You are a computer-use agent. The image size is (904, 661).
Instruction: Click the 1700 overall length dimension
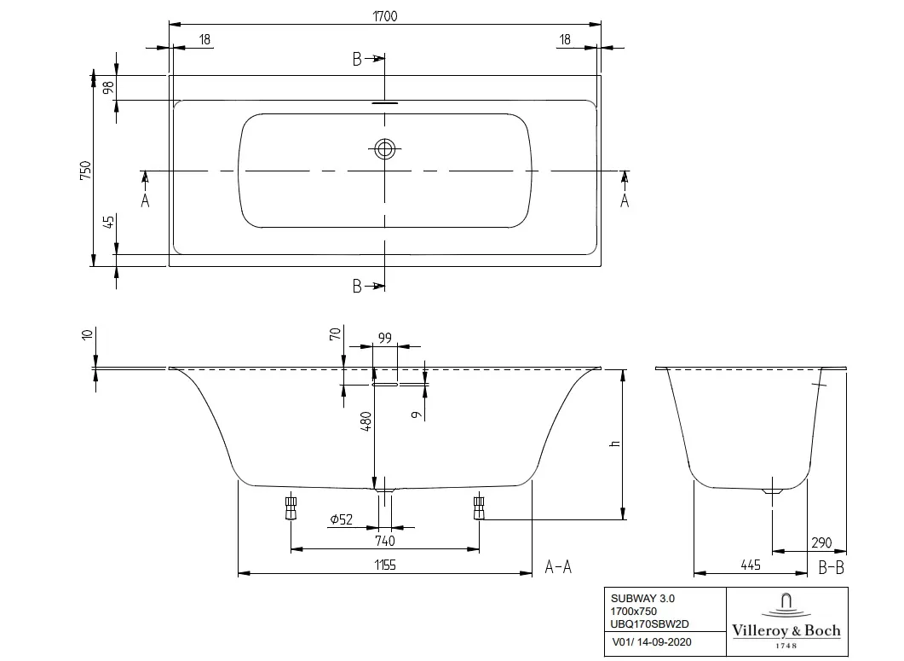pyautogui.click(x=385, y=15)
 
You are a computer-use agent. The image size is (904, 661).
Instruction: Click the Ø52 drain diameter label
pyautogui.click(x=342, y=519)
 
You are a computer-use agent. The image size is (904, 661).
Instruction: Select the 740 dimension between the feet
pyautogui.click(x=384, y=541)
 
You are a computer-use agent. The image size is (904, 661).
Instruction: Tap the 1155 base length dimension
pyautogui.click(x=384, y=565)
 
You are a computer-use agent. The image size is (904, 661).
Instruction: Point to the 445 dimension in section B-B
pyautogui.click(x=751, y=565)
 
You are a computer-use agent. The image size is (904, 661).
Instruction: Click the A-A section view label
pyautogui.click(x=558, y=565)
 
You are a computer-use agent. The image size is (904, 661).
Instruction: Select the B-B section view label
pyautogui.click(x=831, y=565)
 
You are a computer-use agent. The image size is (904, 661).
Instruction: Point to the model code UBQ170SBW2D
pyautogui.click(x=645, y=625)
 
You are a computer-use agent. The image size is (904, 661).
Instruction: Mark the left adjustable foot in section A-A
pyautogui.click(x=291, y=507)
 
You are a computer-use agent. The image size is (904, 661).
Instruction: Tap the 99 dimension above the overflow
pyautogui.click(x=384, y=339)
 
